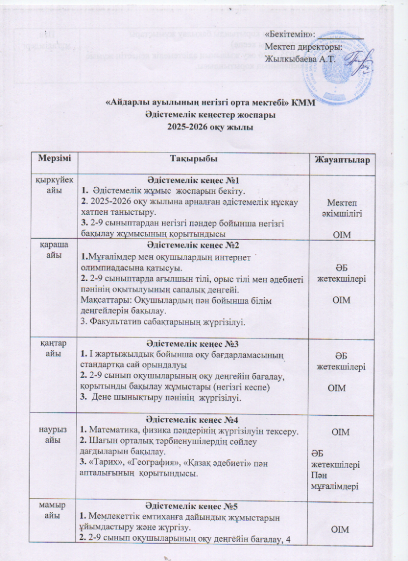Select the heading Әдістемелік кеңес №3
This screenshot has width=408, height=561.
(x=193, y=344)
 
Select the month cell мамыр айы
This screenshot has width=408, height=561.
(x=55, y=510)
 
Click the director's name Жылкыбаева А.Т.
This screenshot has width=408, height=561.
(x=297, y=58)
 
